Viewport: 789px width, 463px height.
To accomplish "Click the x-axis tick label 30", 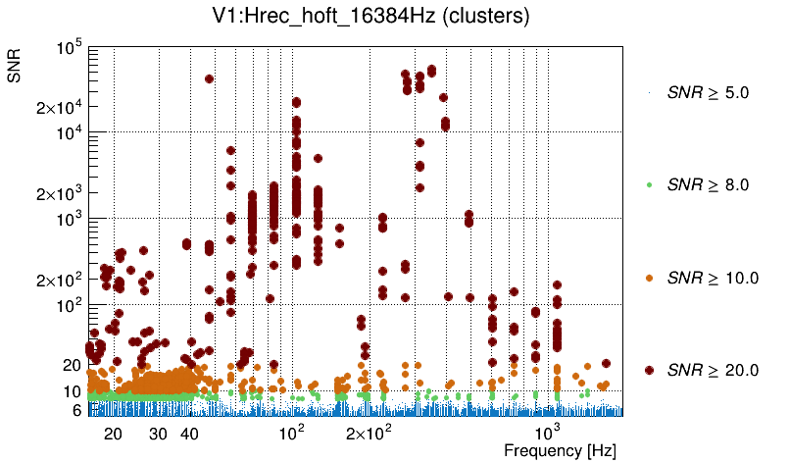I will [x=158, y=434].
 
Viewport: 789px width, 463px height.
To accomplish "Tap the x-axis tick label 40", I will [x=190, y=434].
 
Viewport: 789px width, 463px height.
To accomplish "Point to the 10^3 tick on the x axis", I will [x=548, y=433].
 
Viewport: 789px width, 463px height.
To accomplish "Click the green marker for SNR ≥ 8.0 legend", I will [x=650, y=184].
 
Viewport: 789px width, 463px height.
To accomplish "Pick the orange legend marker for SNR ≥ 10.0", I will [x=650, y=278].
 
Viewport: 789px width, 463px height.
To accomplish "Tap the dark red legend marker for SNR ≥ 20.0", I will [x=650, y=370].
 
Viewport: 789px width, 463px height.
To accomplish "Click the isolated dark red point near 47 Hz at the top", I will [x=209, y=78].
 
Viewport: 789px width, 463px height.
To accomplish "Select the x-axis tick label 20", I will [x=113, y=434].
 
